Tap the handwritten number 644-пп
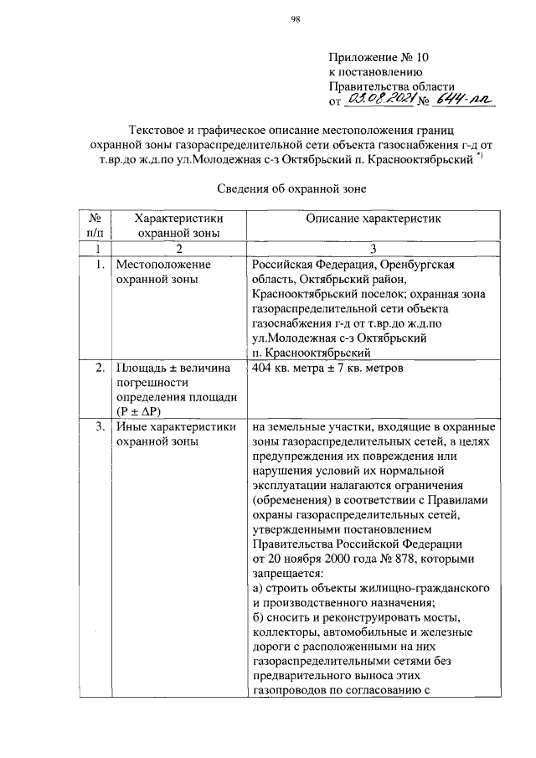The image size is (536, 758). coord(466,101)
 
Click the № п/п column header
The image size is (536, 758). coord(98,225)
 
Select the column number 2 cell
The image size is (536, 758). coord(179,249)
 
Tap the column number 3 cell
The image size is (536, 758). coord(373,249)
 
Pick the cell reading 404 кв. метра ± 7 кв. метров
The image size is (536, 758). coord(329,368)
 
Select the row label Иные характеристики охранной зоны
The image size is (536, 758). coord(174,434)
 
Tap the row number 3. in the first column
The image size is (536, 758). coord(98,427)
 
